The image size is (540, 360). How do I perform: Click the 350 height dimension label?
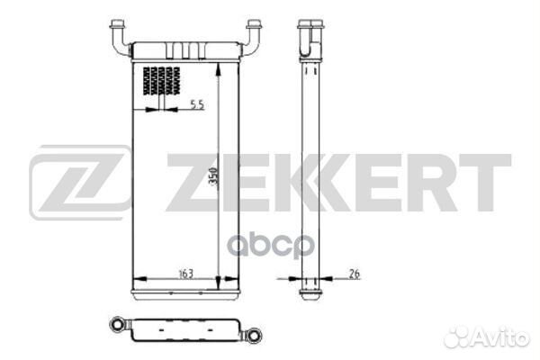[214, 176]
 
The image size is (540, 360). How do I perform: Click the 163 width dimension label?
[186, 274]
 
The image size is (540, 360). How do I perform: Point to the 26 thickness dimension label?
[355, 274]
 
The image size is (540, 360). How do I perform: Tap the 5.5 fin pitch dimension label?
[197, 104]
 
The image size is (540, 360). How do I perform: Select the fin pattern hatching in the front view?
[161, 81]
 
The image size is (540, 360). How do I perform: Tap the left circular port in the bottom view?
[117, 325]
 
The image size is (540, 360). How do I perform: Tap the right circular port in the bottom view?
[255, 335]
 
